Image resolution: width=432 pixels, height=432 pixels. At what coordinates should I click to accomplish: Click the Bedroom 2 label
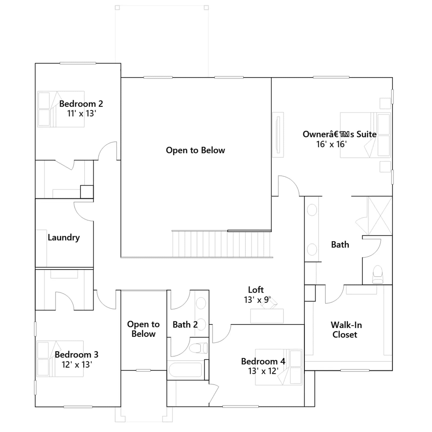pos(81,104)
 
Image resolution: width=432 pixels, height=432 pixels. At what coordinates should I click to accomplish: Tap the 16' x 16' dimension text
pos(332,144)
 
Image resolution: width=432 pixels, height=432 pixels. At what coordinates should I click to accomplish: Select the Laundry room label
pos(64,238)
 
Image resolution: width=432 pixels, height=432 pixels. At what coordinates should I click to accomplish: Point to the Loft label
pos(256,290)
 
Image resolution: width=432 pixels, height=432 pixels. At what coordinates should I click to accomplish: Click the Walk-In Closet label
pos(346,330)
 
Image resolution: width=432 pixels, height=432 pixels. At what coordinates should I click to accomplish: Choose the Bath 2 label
pos(185,325)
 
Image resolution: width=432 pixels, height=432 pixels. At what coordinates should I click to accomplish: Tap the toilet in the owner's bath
pos(377,274)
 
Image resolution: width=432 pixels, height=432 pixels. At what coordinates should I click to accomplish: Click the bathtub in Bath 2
pos(185,370)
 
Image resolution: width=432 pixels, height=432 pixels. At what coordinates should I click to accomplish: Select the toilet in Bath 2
pos(198,348)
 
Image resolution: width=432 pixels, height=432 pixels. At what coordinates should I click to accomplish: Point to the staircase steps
pos(221,244)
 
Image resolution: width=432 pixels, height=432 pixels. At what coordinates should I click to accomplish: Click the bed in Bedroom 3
pos(60,359)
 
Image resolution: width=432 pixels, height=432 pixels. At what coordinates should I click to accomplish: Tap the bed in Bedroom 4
pos(278,367)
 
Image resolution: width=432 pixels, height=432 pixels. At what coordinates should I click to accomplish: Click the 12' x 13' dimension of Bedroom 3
pos(77,364)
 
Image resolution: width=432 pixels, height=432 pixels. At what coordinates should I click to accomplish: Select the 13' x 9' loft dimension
pos(257,300)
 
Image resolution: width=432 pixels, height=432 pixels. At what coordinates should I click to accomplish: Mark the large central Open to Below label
pos(195,150)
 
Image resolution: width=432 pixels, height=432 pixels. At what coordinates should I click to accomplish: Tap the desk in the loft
pos(267,316)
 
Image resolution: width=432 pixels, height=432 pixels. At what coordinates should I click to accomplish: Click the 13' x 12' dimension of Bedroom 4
pos(263,371)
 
